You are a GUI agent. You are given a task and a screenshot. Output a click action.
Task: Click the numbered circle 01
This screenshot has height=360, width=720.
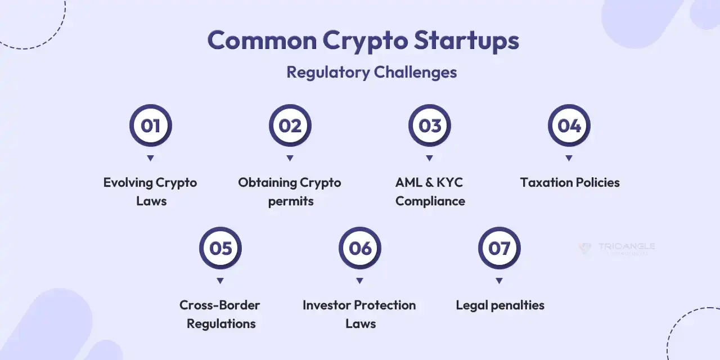[x=150, y=125]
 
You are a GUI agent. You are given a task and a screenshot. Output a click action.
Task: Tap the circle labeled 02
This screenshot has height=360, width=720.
[x=290, y=125]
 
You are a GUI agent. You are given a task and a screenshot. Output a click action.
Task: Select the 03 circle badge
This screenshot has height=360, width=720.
[x=429, y=125]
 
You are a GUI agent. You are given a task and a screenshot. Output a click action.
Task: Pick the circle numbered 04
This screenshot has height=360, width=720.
[x=569, y=125]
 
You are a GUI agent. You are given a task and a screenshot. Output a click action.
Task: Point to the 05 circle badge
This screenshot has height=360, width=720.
[x=220, y=248]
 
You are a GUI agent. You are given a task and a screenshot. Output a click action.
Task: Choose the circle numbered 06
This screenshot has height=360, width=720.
[x=359, y=248]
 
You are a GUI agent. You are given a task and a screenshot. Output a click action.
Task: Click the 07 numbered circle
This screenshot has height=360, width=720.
[x=499, y=248]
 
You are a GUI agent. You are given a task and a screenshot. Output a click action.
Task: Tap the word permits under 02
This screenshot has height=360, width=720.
[x=290, y=201]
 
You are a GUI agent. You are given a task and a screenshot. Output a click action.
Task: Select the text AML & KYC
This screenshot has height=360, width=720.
[x=429, y=183]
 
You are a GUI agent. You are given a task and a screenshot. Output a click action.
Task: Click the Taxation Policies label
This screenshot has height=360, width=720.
[x=569, y=183]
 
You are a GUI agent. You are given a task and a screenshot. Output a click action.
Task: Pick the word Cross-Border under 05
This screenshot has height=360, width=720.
[x=219, y=305]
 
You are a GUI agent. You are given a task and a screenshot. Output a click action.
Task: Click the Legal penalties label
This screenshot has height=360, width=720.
[x=499, y=305]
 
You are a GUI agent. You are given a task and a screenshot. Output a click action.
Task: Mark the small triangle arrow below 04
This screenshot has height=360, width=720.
[x=569, y=158]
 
